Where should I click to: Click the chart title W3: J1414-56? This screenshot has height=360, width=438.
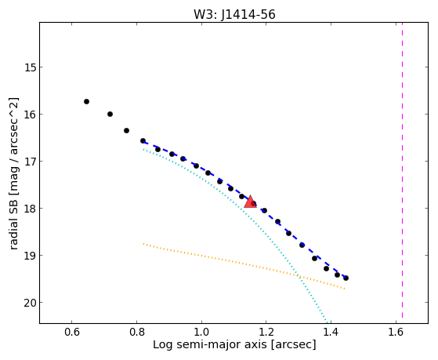pyautogui.click(x=234, y=15)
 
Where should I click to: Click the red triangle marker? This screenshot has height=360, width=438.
pyautogui.click(x=250, y=202)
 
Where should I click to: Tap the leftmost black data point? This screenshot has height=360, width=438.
pyautogui.click(x=87, y=101)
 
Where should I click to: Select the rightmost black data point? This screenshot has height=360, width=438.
pyautogui.click(x=346, y=278)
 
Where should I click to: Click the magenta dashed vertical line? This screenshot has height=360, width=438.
pyautogui.click(x=402, y=170)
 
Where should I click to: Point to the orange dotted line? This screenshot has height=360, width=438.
pyautogui.click(x=244, y=266)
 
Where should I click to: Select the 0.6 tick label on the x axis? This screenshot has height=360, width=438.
pyautogui.click(x=72, y=332)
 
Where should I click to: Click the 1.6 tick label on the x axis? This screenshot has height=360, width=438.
pyautogui.click(x=396, y=332)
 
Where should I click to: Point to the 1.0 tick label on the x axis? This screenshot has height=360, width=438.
pyautogui.click(x=201, y=332)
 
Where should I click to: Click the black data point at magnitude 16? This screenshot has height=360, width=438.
pyautogui.click(x=110, y=115)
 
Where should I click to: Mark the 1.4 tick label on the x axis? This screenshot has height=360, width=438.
pyautogui.click(x=331, y=332)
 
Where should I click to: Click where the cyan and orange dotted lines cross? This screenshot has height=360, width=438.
pyautogui.click(x=299, y=276)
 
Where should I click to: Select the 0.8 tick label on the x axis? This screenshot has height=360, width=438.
pyautogui.click(x=136, y=332)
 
